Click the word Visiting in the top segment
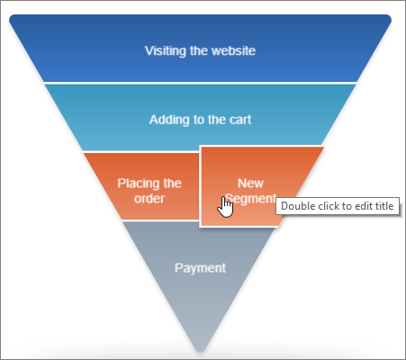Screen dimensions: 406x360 (166, 50)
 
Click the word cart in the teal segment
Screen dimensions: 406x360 (240, 120)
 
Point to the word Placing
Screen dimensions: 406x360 (136, 184)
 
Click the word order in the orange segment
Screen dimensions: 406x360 (149, 199)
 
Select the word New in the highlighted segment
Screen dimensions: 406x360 (250, 184)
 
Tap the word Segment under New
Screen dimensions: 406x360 (251, 199)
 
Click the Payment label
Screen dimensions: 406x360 (200, 268)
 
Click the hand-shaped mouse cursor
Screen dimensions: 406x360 (225, 207)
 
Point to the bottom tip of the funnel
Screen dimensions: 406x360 (200, 351)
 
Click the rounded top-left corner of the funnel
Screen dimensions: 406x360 (12, 18)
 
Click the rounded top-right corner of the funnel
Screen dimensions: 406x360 (388, 18)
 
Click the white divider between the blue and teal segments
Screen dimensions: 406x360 (200, 83)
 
